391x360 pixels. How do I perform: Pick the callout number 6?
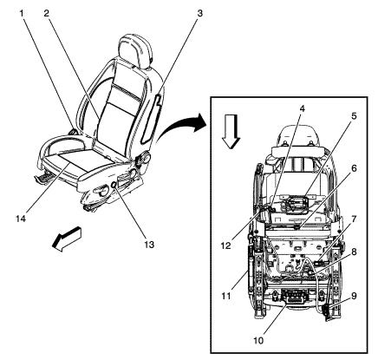(354, 169)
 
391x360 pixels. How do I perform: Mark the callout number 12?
(226, 245)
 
